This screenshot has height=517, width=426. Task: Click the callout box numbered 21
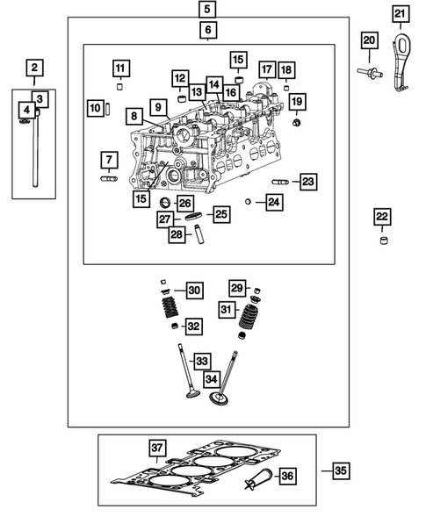tap(400, 14)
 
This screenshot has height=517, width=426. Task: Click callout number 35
tap(340, 471)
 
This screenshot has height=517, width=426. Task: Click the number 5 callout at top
tap(207, 10)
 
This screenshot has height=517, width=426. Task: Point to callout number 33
tap(202, 361)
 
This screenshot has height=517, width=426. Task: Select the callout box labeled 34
tap(211, 379)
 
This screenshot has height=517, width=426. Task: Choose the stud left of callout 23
tap(281, 182)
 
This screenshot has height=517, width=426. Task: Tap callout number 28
tap(177, 233)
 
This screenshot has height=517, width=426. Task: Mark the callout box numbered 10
tap(96, 108)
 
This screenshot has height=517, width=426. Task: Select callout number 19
tap(297, 102)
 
